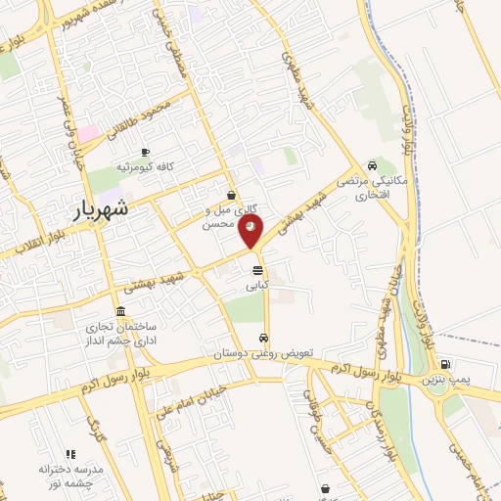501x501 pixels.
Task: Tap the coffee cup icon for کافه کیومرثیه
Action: [x=145, y=153]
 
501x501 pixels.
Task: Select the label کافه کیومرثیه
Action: [x=145, y=167]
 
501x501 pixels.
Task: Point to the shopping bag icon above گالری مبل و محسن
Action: [x=230, y=195]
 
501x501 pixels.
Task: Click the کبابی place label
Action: [x=256, y=285]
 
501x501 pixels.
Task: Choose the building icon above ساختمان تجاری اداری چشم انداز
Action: [x=120, y=311]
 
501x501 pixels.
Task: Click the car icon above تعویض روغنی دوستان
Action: [x=262, y=339]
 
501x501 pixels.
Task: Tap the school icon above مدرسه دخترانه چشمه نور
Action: [x=69, y=454]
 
